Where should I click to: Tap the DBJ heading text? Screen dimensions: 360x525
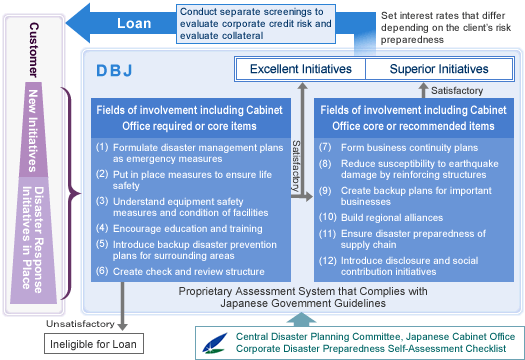click(114, 72)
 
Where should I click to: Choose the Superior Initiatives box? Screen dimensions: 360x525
click(425, 69)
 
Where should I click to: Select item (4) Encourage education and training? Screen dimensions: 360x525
click(180, 228)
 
